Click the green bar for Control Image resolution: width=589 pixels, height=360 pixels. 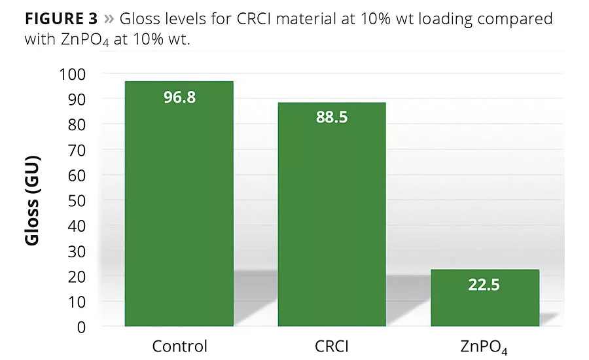click(179, 209)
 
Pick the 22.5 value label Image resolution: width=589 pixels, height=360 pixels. click(485, 285)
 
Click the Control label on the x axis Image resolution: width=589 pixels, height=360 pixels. click(179, 346)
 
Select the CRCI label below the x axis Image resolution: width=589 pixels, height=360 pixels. click(332, 346)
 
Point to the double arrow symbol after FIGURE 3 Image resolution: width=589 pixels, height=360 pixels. click(110, 19)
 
